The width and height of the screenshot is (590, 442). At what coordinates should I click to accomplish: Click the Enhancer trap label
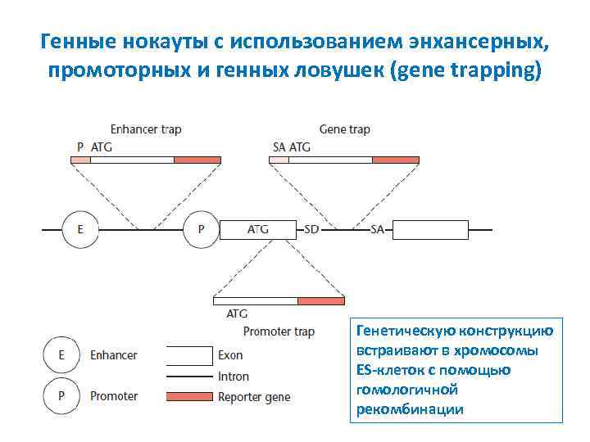(x=146, y=129)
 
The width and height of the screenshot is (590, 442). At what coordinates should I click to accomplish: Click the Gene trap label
(x=344, y=129)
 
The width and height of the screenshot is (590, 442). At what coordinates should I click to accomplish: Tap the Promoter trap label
(x=279, y=331)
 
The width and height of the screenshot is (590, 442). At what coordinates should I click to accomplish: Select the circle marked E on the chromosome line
(x=79, y=230)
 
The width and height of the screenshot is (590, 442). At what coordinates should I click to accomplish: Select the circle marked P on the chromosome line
(x=201, y=230)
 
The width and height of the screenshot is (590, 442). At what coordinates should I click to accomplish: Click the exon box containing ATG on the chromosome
(x=257, y=230)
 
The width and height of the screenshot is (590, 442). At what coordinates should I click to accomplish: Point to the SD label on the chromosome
(x=311, y=230)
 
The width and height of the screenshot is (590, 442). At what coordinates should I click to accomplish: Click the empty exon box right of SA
(x=431, y=230)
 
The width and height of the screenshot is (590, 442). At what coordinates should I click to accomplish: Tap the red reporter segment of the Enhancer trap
(x=197, y=160)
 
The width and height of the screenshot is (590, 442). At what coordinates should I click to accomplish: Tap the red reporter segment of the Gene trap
(x=395, y=160)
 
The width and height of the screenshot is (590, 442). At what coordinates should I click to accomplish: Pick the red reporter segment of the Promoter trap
(x=321, y=300)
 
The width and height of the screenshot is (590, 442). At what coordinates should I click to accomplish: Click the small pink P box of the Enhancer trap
(x=80, y=160)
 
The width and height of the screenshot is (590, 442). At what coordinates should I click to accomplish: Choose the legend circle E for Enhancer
(x=59, y=355)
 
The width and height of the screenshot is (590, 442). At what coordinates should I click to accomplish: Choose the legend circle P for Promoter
(x=59, y=396)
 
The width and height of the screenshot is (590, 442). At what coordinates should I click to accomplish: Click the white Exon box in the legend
(x=188, y=355)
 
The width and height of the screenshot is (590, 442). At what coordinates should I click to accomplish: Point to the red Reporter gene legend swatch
(x=188, y=397)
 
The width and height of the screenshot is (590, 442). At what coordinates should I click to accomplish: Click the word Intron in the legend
(x=234, y=377)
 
